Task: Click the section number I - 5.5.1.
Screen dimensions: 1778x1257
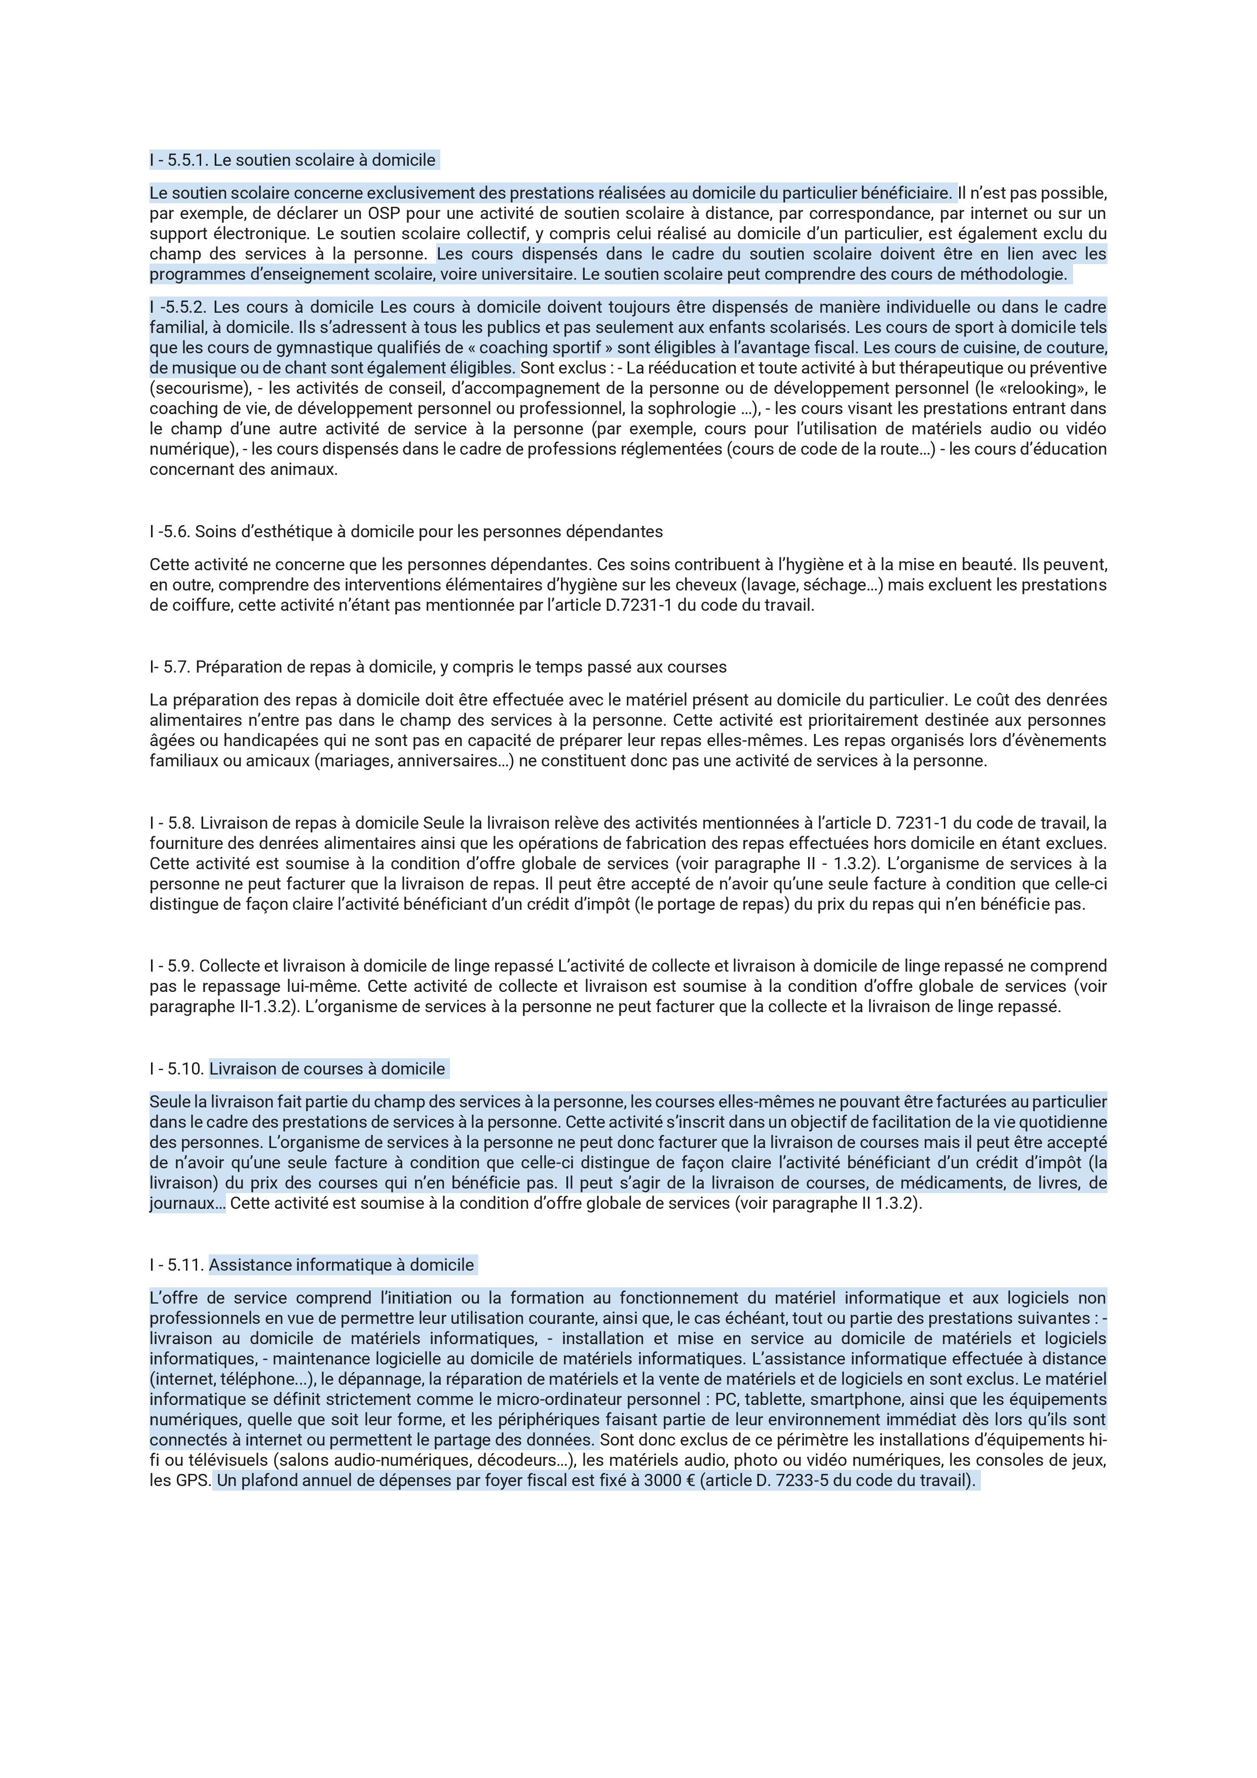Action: coord(179,160)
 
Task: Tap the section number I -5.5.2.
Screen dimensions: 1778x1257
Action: coord(178,307)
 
